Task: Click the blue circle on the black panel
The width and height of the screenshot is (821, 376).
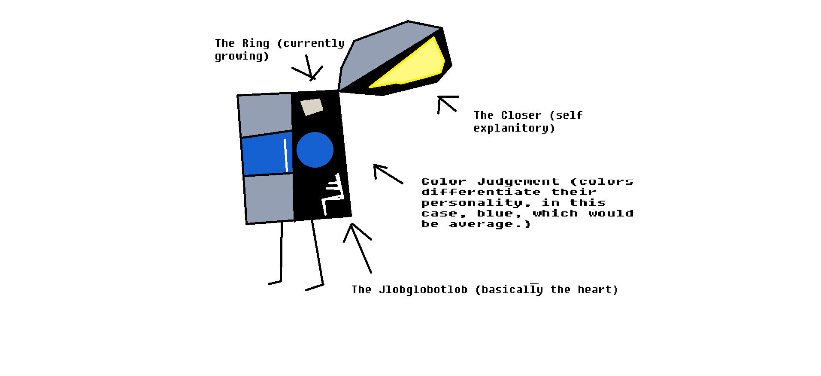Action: (315, 150)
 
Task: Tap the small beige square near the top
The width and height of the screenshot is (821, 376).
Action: (312, 107)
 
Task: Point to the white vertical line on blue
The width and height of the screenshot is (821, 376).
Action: (286, 155)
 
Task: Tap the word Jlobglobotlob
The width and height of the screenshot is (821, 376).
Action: (423, 290)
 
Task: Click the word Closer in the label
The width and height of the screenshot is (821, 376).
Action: (521, 115)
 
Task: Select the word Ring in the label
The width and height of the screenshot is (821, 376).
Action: (255, 43)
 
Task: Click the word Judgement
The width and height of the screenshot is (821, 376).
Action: (518, 182)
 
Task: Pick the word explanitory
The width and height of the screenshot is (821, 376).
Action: (514, 128)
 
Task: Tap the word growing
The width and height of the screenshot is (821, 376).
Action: (241, 57)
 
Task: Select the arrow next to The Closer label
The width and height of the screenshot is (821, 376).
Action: (446, 103)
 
